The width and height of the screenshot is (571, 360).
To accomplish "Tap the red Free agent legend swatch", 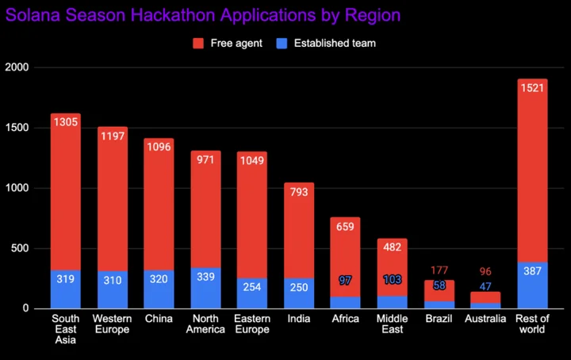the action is coord(198,44).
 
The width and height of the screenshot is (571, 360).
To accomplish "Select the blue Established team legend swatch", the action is coord(282,44).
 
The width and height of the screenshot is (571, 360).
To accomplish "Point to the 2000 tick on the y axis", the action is coord(17,67).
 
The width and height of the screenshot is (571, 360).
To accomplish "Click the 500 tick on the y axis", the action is coord(20,248).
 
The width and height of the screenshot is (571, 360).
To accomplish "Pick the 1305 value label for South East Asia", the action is coord(66,122).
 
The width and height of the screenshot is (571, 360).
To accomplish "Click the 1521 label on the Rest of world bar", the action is coord(532,88).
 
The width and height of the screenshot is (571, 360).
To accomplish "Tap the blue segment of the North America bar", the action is coord(205,288).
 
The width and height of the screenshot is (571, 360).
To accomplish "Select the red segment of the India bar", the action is coord(299,231).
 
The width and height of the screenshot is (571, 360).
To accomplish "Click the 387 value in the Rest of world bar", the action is coord(532,271).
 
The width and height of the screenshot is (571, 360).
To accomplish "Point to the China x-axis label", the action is coord(159,319).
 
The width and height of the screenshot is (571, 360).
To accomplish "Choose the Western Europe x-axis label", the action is coord(112,324).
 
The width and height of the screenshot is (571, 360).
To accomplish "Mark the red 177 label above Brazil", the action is coord(439,270).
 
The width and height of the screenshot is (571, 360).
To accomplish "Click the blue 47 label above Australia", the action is coord(485,286).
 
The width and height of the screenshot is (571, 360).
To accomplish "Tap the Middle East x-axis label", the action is coord(393,324).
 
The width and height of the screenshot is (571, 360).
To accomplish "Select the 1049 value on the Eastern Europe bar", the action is coord(252,160).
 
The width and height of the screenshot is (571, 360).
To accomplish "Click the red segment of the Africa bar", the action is coord(345,257).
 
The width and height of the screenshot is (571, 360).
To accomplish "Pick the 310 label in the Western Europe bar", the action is coord(112,280).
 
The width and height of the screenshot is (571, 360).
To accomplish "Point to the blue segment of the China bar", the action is coord(159,289).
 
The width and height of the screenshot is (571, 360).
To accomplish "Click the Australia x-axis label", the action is coord(485,319).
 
